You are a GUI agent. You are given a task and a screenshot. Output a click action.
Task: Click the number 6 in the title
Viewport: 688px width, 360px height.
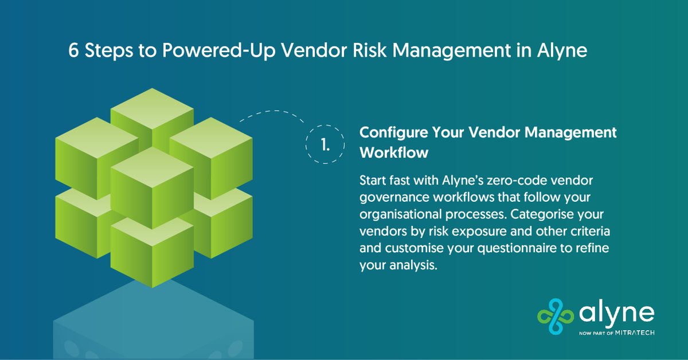pyautogui.click(x=73, y=51)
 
